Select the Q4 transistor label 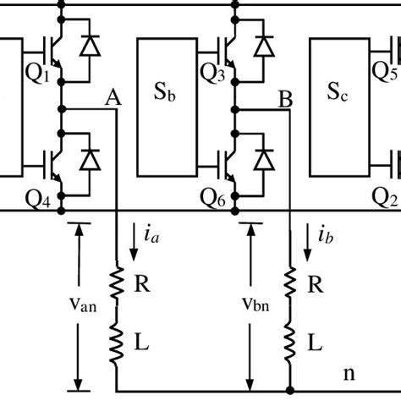(38, 198)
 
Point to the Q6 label (212, 198)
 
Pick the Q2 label (385, 198)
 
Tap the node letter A (111, 99)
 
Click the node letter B (285, 100)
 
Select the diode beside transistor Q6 (263, 160)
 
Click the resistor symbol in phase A (117, 283)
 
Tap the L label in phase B (314, 343)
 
